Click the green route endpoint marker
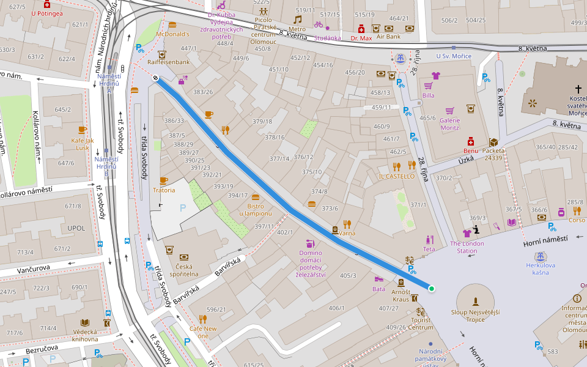coord(431,288)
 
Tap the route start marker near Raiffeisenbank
coord(156,78)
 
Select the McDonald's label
coord(172,34)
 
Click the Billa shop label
coord(429,95)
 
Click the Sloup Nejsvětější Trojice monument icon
coord(475,300)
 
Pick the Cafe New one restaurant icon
coord(202,319)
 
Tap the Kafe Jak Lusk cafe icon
coord(83,130)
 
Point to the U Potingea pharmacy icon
coord(46,4)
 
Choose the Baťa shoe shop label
coord(378,289)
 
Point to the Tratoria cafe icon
coord(163,181)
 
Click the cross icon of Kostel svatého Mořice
coord(578,89)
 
